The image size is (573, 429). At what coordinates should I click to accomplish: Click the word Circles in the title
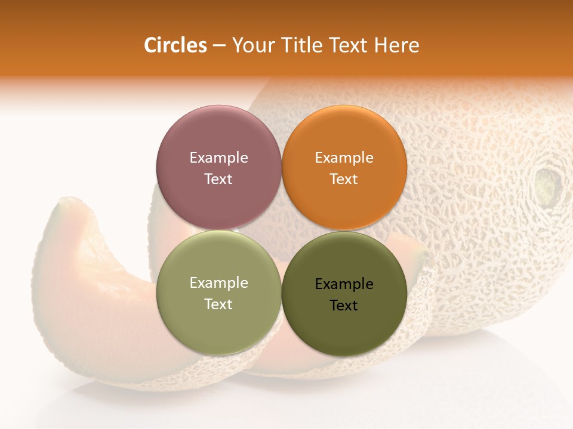[x=175, y=45]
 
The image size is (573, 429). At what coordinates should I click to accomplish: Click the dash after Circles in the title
[x=219, y=46]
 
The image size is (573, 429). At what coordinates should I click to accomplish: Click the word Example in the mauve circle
[x=218, y=158]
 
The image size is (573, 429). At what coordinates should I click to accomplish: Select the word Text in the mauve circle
[x=218, y=179]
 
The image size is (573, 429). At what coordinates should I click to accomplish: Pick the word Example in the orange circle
[x=344, y=158]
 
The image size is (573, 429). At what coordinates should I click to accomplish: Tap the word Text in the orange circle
[x=344, y=179]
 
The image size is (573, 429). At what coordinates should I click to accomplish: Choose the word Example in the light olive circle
[x=218, y=283]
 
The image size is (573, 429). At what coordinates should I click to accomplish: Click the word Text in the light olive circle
[x=218, y=304]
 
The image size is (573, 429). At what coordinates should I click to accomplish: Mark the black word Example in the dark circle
[x=344, y=284]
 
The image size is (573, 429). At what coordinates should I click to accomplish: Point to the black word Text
[x=344, y=306]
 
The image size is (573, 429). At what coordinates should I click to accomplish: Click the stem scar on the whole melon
[x=548, y=185]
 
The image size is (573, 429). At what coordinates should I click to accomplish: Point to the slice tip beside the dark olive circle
[x=418, y=250]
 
